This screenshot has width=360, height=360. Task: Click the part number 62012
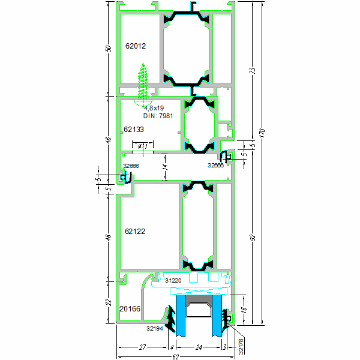[x=136, y=46]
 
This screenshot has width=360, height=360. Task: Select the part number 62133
[x=134, y=129]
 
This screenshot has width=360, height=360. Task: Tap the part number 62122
[x=135, y=231]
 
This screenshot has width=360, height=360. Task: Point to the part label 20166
[x=130, y=308]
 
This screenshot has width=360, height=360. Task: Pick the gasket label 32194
[x=154, y=329]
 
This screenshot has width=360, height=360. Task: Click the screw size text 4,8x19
[x=154, y=108]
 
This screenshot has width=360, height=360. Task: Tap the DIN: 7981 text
[x=158, y=116]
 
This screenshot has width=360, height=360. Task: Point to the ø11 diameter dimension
[x=143, y=145]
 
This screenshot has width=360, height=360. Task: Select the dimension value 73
[x=251, y=71]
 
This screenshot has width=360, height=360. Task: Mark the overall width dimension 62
[x=175, y=357]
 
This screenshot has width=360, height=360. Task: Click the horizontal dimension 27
[x=142, y=347]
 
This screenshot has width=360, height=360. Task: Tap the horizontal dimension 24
[x=199, y=347]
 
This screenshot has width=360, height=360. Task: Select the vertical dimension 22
[x=109, y=301]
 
